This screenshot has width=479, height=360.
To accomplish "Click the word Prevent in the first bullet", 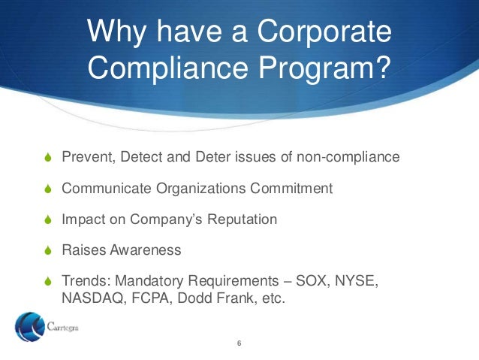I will (83, 157).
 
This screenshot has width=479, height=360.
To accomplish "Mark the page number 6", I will (239, 345).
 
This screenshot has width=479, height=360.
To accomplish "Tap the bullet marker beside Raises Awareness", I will (47, 250).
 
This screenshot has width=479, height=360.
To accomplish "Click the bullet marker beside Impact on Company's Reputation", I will (47, 219).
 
